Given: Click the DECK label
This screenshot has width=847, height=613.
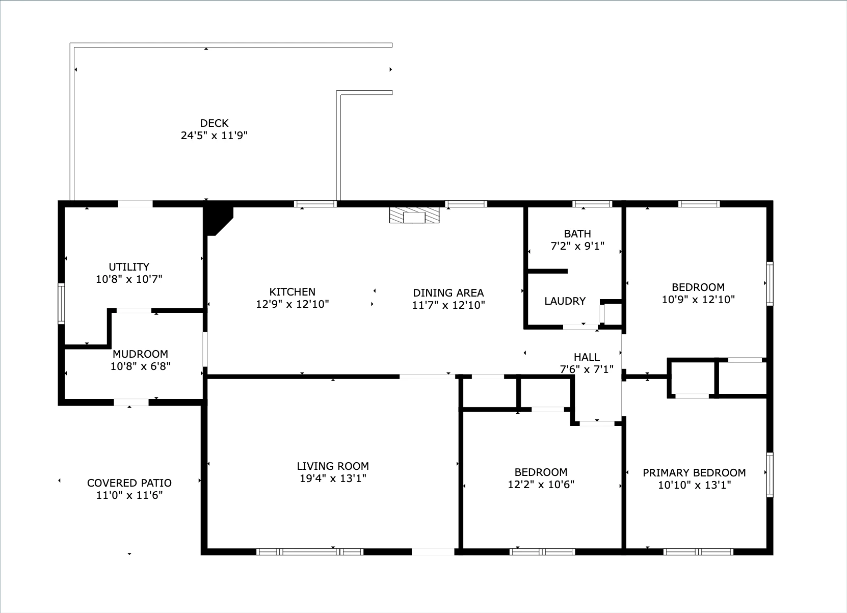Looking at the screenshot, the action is click(x=214, y=123).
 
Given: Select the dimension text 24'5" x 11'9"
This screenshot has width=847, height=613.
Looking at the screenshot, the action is click(x=214, y=136).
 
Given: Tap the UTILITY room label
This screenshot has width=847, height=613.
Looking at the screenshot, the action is click(x=129, y=267).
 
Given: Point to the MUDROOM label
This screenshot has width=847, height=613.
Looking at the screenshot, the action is click(x=140, y=354).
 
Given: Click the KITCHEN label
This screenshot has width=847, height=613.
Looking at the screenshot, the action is click(x=293, y=292).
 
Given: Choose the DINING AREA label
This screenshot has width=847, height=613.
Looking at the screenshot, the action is click(x=448, y=293).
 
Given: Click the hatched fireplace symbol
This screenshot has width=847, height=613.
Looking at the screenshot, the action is click(x=414, y=215).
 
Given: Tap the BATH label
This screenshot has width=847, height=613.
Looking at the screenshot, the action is click(x=577, y=234).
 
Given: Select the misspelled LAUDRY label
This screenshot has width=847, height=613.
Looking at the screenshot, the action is click(x=565, y=301).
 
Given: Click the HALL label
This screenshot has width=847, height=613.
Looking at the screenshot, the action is click(x=587, y=357).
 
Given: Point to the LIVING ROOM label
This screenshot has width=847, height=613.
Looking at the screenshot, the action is click(x=333, y=466).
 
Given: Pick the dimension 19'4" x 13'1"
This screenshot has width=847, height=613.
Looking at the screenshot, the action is click(x=333, y=478).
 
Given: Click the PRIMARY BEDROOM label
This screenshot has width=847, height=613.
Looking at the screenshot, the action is click(x=694, y=473).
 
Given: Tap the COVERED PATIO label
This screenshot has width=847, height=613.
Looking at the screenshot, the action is click(x=129, y=483).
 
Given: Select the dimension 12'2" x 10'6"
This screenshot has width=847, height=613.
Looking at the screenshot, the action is click(x=541, y=485).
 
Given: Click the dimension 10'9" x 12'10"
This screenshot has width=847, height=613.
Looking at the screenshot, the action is click(x=698, y=300).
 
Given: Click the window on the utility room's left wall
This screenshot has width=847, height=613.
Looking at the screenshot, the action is click(x=61, y=304).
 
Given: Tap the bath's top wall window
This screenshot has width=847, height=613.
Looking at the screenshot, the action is click(x=592, y=204).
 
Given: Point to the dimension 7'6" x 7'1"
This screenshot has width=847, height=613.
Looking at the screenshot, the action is click(x=587, y=369).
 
